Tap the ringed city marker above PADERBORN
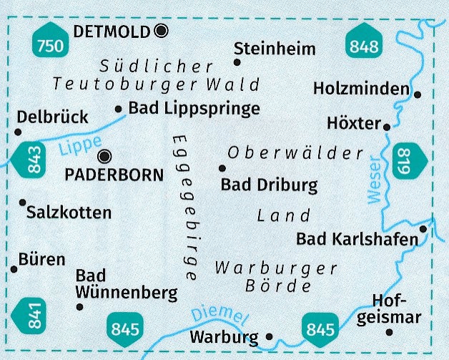coord(105,156)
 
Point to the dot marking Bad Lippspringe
coord(119,109)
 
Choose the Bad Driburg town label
coord(269,185)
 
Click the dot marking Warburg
coord(269,336)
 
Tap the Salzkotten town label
coord(69,213)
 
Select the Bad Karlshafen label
coord(357,238)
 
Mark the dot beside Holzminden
coord(418,94)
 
